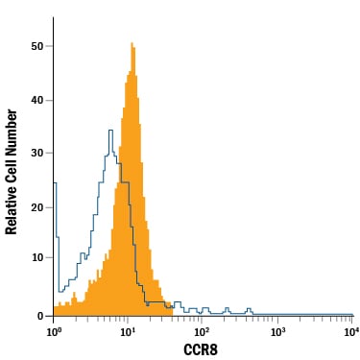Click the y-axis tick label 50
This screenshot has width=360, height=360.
coord(36,46)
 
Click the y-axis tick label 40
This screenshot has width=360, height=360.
coord(36,100)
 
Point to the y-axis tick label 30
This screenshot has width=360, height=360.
coord(36,153)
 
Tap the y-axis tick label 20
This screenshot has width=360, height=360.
coord(36,207)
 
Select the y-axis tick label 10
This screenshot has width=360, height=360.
coord(36,257)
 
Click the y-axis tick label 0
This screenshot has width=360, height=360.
coord(40,316)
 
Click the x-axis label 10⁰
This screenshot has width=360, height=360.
coord(53,331)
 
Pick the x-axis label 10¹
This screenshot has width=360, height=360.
coord(127,331)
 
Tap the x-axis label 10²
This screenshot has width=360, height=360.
coord(201,331)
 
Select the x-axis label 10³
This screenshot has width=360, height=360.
coord(277,331)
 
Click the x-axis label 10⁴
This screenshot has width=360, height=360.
coord(351,331)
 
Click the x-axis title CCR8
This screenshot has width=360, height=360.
coord(201,349)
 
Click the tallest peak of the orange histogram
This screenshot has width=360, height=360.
coord(132,43)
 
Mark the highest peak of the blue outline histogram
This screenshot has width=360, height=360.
coord(110,131)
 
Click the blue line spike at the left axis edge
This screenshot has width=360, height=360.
coord(55,183)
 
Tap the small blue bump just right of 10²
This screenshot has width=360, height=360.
coord(205,308)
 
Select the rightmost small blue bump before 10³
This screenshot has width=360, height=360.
coord(250,309)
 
